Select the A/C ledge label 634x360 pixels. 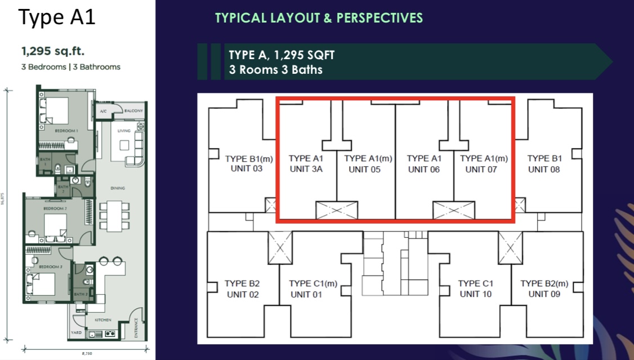(x=103, y=112)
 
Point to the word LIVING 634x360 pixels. (x=124, y=131)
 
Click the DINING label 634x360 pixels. (x=118, y=188)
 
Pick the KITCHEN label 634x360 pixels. (x=102, y=320)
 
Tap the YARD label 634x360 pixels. (x=76, y=333)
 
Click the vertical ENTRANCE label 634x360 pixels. (x=136, y=328)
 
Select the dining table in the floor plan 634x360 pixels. (x=114, y=215)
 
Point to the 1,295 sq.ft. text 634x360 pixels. (x=53, y=52)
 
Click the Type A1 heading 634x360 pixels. (x=57, y=17)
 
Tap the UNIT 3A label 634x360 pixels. (x=305, y=170)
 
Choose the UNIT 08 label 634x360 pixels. (x=544, y=170)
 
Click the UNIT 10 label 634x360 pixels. (x=476, y=294)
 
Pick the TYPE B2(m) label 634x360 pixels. (x=544, y=283)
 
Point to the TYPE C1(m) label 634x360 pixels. (x=313, y=283)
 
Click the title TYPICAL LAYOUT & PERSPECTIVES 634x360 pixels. (x=319, y=18)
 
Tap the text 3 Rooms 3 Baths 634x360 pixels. (x=275, y=70)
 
